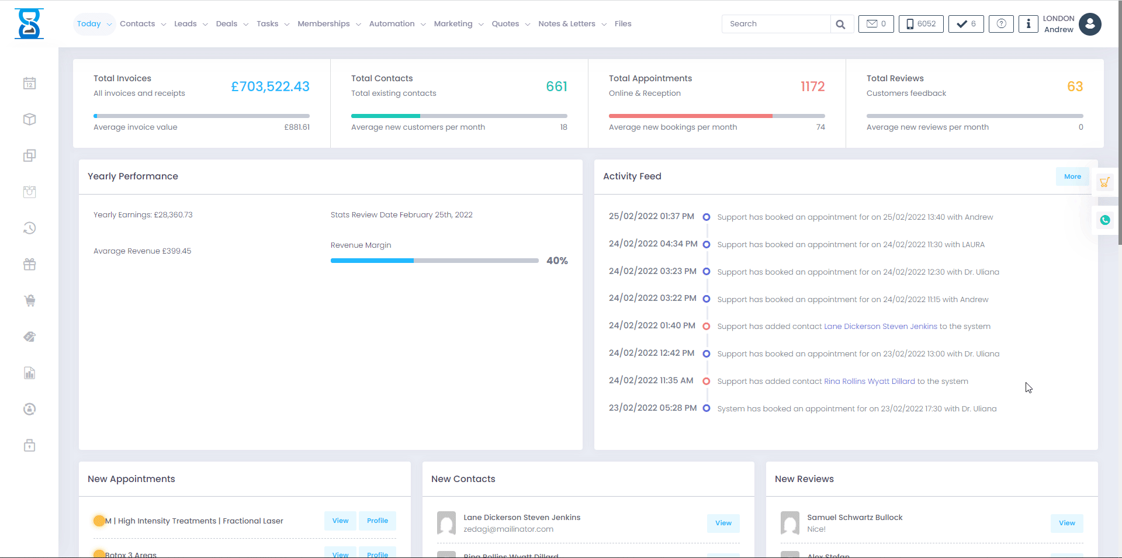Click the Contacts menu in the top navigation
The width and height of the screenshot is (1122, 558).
pos(138,24)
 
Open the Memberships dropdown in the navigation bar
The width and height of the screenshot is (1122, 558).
pos(324,24)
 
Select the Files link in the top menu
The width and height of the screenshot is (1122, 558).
pos(623,24)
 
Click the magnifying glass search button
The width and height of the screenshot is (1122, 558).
pos(840,24)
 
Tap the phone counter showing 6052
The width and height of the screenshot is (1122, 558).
pos(921,24)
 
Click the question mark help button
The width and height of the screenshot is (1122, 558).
pos(1001,24)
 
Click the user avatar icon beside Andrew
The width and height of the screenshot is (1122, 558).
pos(1090,24)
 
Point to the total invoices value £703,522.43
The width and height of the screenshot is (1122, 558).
pos(270,86)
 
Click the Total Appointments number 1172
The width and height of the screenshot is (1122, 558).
pos(812,86)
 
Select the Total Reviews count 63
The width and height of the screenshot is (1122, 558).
pos(1075,86)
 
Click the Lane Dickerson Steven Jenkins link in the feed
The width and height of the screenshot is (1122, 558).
pos(880,327)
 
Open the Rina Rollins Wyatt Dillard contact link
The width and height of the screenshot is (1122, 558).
pos(869,382)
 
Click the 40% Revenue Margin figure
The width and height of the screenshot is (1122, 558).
pos(557,261)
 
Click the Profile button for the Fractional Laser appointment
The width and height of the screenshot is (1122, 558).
pos(378,521)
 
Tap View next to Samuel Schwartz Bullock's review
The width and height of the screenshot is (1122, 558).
pos(1066,523)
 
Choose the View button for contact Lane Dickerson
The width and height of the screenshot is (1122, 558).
pos(723,523)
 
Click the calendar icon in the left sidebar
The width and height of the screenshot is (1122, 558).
pos(30,84)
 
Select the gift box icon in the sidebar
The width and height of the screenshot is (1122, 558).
pos(30,265)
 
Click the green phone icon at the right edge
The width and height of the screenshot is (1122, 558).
pos(1104,220)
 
